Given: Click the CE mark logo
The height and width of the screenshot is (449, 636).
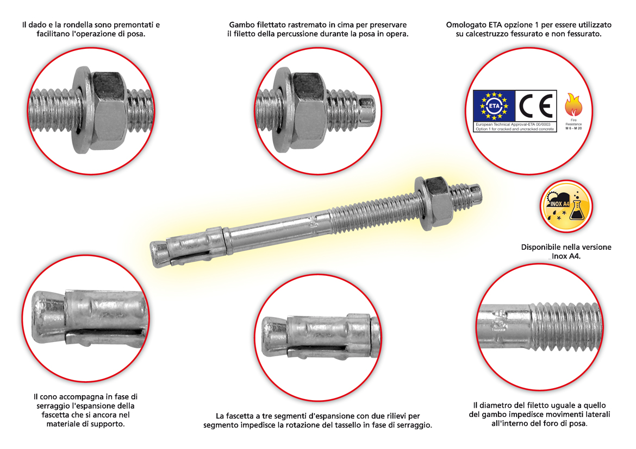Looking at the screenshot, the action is [536, 106].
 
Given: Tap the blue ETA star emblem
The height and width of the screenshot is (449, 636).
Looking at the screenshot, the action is [494, 106].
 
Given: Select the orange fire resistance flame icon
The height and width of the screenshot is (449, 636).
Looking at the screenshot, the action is [573, 105].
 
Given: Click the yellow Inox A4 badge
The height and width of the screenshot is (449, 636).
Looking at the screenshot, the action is [566, 206].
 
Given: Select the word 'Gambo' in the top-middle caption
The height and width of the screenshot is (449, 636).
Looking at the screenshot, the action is [242, 25].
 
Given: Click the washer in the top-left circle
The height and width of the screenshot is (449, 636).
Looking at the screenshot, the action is [82, 110].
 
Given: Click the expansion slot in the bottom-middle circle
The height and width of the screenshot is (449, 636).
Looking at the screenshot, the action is [316, 349].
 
